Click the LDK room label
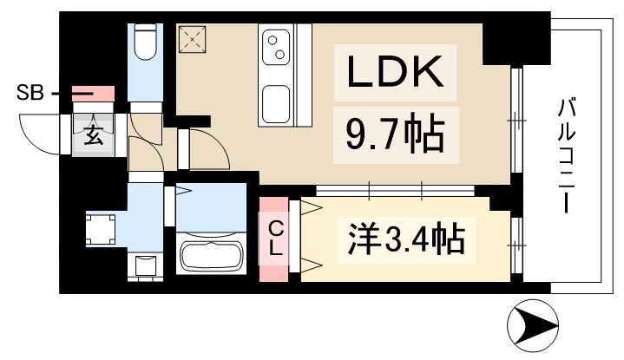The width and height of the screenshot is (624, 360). (x=395, y=72)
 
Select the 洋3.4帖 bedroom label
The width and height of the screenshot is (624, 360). (x=406, y=239)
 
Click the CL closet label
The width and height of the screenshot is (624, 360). (x=275, y=239)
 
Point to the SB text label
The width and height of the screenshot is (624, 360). (x=30, y=94)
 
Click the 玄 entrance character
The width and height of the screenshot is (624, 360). (x=94, y=135)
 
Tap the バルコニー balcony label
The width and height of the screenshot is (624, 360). (x=566, y=155)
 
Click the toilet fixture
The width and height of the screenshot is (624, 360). (x=145, y=43)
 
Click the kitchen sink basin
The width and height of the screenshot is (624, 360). (x=276, y=105)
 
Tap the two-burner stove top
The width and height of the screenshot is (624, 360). (x=276, y=48)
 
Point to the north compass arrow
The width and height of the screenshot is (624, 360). (x=533, y=325)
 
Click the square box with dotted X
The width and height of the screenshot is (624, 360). (x=192, y=39)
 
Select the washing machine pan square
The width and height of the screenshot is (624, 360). (x=101, y=230)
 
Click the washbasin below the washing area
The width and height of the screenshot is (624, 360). (x=145, y=265)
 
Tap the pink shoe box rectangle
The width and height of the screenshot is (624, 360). (x=94, y=94)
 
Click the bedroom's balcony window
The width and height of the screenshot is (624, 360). (x=516, y=245)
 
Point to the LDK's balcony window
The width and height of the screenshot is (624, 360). (x=516, y=121)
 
